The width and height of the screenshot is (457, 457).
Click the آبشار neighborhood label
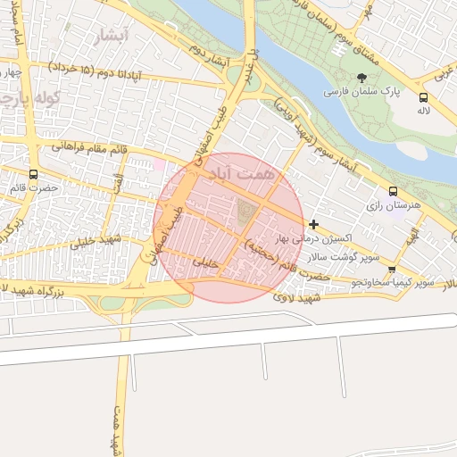(112, 36)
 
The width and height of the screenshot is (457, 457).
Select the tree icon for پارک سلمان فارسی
(361, 78)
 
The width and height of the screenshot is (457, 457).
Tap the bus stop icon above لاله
(423, 98)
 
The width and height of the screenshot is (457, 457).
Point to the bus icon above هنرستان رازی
(393, 191)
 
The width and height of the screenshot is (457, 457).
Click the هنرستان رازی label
(393, 205)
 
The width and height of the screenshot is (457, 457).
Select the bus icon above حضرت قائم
(34, 174)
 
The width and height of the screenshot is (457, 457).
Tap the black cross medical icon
(312, 223)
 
